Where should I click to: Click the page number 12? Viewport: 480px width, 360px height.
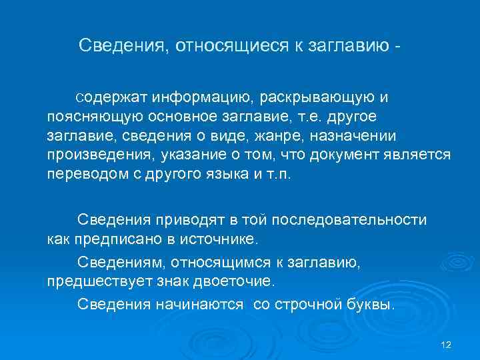click(447, 344)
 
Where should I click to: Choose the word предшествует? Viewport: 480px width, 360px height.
click(98, 281)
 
